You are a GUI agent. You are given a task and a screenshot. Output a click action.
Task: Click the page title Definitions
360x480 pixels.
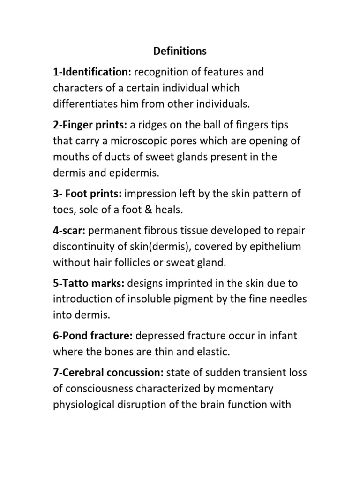tap(180, 51)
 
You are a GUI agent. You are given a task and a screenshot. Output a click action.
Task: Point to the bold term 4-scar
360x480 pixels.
tap(69, 231)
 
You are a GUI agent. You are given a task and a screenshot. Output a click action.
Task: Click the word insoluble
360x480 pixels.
tap(150, 300)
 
